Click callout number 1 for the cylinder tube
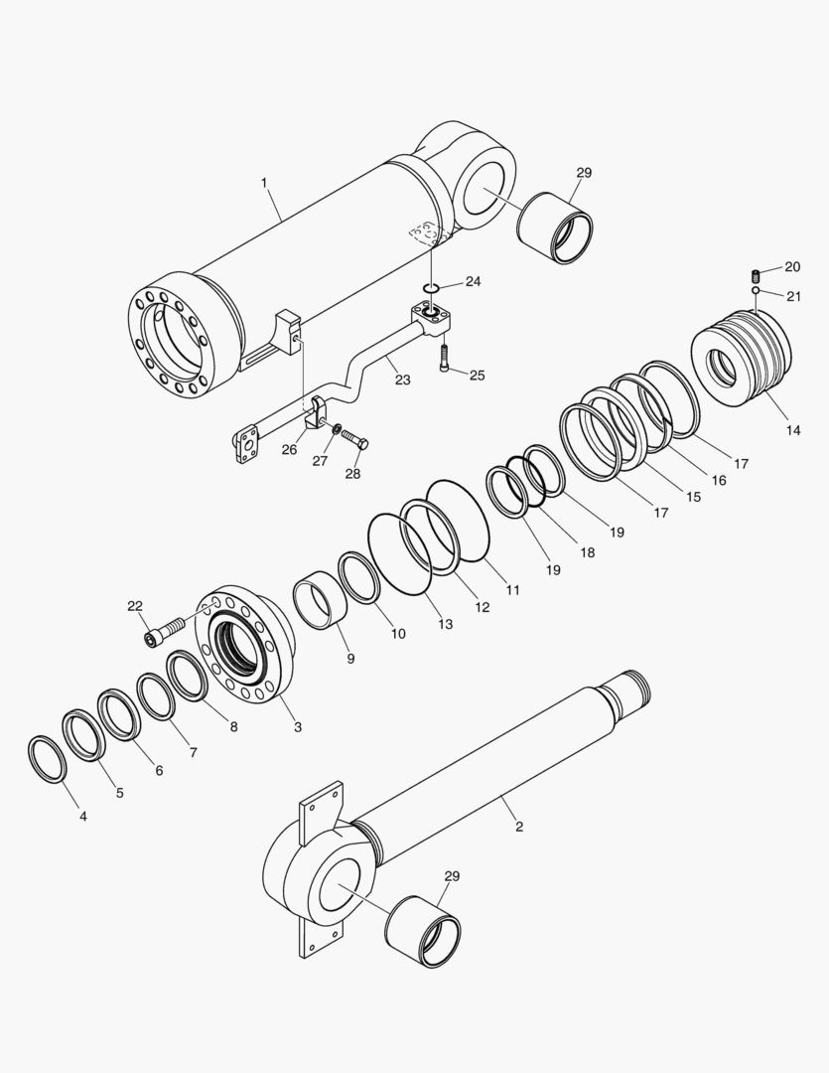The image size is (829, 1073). (264, 183)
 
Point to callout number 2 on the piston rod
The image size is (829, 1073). (518, 826)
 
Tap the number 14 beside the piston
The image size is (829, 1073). (792, 430)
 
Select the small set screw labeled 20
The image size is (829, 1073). (756, 274)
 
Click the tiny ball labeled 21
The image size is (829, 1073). (756, 291)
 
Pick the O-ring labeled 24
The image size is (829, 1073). (430, 289)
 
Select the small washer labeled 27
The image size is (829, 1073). (340, 430)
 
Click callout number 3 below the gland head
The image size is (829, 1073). (297, 727)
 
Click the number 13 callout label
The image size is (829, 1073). (445, 624)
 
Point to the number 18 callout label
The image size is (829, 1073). (587, 551)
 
